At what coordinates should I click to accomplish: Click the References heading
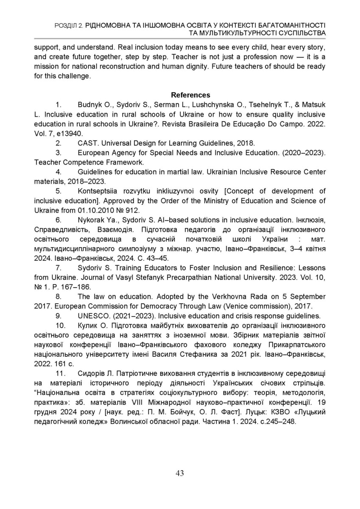click(x=190, y=95)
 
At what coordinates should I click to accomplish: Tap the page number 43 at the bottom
click(x=180, y=473)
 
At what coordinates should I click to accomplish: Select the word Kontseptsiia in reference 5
click(x=98, y=191)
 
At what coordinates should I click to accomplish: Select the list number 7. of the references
click(x=60, y=268)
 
